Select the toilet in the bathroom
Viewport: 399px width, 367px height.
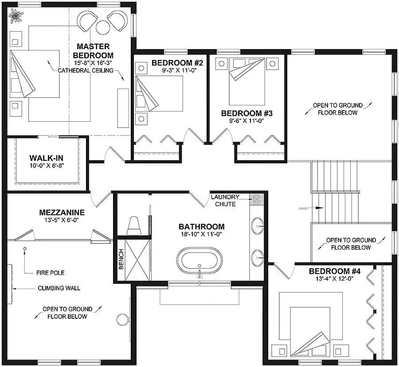click(133, 226)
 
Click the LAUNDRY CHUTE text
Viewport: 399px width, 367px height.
click(225, 200)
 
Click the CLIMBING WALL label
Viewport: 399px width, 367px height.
click(59, 288)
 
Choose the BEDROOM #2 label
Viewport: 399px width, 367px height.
click(177, 62)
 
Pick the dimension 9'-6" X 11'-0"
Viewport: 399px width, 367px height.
click(246, 121)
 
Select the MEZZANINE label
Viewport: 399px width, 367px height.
click(62, 212)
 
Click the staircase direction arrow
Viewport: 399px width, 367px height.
click(306, 207)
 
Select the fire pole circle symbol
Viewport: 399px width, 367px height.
click(25, 249)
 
